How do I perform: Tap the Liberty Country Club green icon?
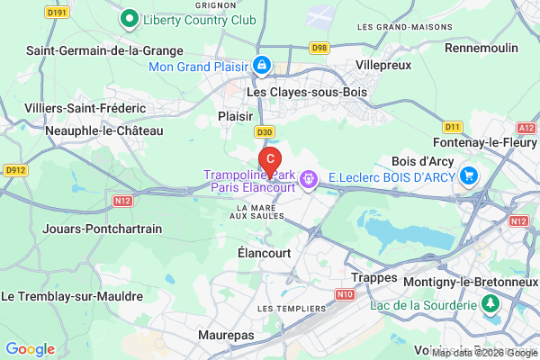[129, 18]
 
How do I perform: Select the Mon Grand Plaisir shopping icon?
[261, 65]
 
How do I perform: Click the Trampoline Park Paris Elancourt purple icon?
[309, 179]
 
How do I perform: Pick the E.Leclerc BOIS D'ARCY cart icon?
[468, 175]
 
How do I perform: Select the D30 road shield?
[263, 131]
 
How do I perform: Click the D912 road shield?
[15, 168]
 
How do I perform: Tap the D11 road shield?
[452, 126]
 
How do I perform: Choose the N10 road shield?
[344, 294]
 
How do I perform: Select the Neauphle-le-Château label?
[105, 130]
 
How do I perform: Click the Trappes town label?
[373, 277]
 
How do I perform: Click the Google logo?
[31, 349]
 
